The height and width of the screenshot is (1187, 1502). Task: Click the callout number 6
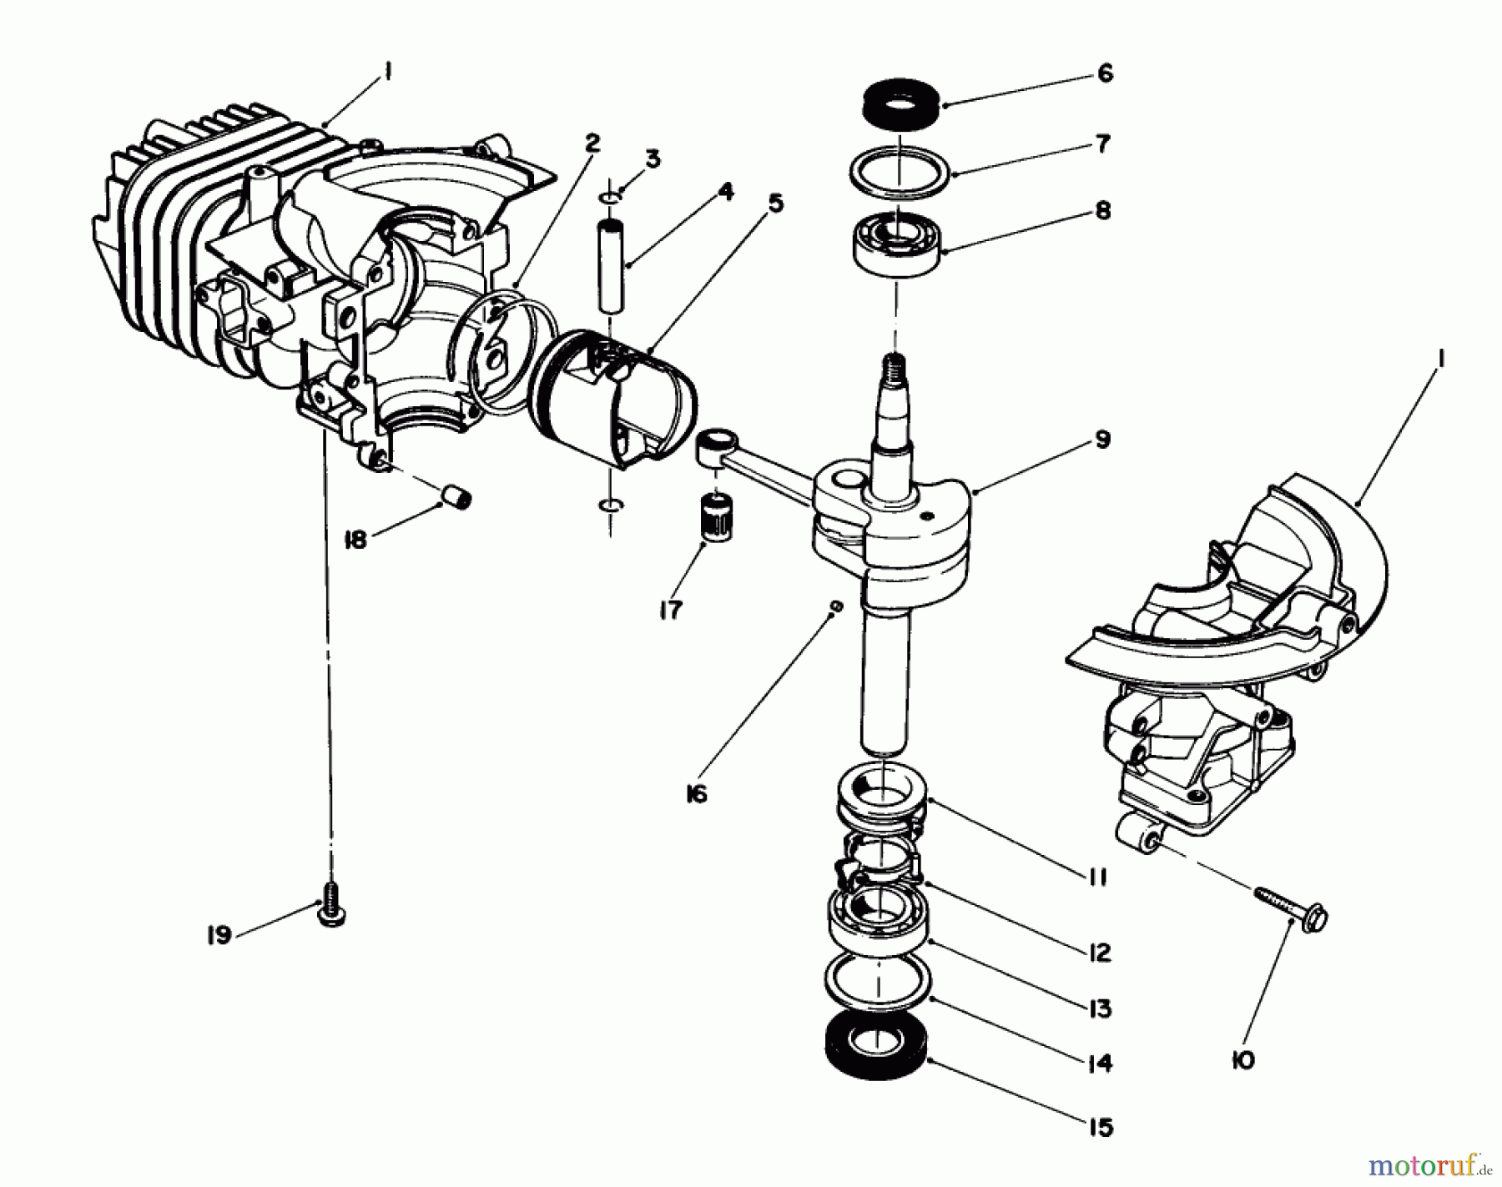click(x=1105, y=74)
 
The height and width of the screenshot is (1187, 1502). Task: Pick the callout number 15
click(x=1101, y=1128)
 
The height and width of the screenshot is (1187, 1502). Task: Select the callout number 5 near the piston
click(x=775, y=204)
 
